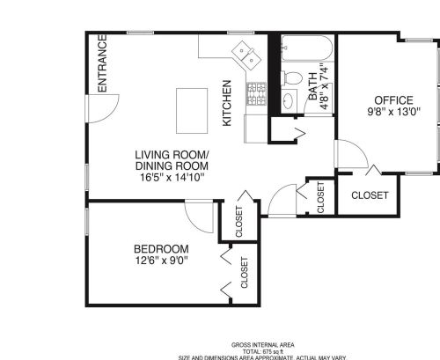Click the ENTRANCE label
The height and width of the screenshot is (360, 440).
pyautogui.click(x=101, y=63)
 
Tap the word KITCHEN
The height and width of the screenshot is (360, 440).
pyautogui.click(x=226, y=102)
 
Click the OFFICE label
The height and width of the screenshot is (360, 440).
pyautogui.click(x=393, y=99)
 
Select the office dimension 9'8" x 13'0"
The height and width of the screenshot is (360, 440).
pyautogui.click(x=393, y=112)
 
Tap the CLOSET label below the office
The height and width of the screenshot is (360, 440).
pyautogui.click(x=369, y=195)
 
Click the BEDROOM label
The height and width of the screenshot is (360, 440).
pyautogui.click(x=161, y=247)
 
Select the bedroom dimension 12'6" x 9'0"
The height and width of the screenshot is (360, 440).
pyautogui.click(x=161, y=260)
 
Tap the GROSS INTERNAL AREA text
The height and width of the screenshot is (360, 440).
pyautogui.click(x=262, y=344)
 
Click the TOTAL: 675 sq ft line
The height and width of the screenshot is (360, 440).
pyautogui.click(x=262, y=351)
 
